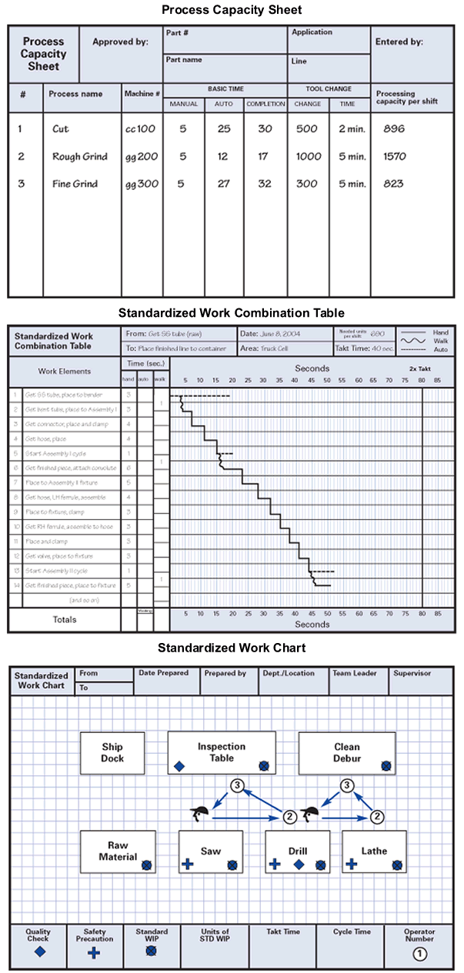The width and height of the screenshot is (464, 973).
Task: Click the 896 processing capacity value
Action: (x=393, y=129)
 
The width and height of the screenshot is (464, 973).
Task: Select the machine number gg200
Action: (x=142, y=157)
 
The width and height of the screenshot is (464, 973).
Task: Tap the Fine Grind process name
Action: (x=75, y=184)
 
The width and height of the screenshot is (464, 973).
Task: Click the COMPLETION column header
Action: (x=265, y=104)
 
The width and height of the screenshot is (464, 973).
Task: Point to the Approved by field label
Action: (x=120, y=42)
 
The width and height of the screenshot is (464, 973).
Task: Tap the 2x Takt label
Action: (x=420, y=369)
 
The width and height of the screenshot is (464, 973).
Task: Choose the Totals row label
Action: (x=64, y=619)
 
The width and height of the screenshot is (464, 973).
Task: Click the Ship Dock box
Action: (x=112, y=752)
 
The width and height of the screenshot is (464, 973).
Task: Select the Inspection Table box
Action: (x=221, y=752)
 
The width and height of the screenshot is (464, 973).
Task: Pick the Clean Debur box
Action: (x=347, y=752)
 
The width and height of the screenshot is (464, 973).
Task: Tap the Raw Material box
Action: (x=118, y=851)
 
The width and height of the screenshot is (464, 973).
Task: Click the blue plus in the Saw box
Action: (x=187, y=865)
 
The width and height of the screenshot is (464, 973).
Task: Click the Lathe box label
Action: (x=374, y=851)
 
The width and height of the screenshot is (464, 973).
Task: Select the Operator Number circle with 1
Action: (x=419, y=954)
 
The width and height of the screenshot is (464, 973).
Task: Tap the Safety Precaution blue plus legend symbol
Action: (x=94, y=953)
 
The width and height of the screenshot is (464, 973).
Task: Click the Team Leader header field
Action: (x=354, y=673)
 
